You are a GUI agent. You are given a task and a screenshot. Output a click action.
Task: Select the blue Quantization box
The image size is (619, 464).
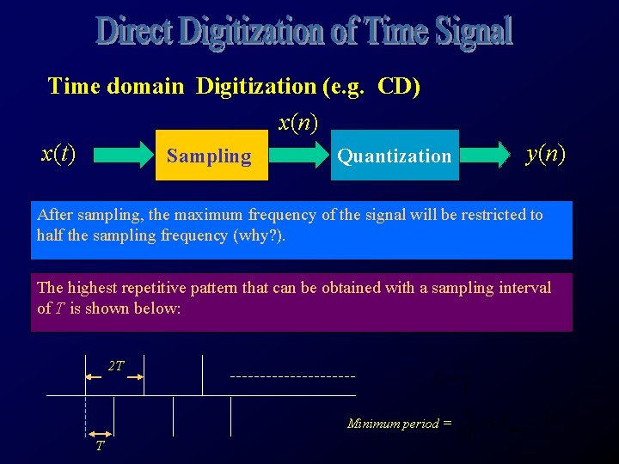pos(395,156)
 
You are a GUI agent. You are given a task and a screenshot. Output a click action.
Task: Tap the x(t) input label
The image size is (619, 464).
pos(58,154)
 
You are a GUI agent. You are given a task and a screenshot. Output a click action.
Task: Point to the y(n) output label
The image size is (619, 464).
pos(546,154)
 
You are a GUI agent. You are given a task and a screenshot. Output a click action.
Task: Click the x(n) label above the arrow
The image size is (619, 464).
pos(298,123)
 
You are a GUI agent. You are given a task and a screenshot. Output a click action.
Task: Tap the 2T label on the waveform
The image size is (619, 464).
pos(116,366)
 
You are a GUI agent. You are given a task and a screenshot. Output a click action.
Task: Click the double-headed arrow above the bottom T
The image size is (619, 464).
pos(100,434)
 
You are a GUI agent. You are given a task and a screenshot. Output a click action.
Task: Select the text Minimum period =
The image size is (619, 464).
pos(399,423)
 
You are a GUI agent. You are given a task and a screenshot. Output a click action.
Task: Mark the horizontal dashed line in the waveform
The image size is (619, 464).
pos(292,376)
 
